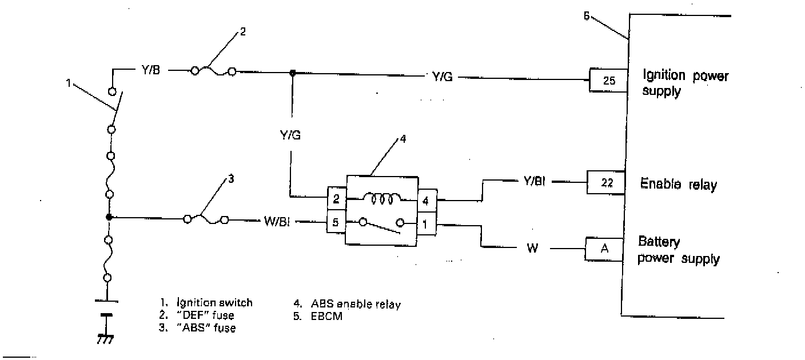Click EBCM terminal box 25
click(x=609, y=81)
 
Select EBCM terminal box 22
click(x=608, y=183)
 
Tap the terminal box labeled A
click(x=604, y=249)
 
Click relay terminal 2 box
click(x=336, y=199)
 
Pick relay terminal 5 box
click(x=336, y=222)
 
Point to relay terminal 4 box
click(x=427, y=201)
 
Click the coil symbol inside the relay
click(x=381, y=198)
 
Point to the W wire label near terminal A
click(x=532, y=249)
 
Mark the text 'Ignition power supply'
click(x=686, y=83)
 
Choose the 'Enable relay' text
click(x=678, y=185)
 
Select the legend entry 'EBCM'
click(x=326, y=316)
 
